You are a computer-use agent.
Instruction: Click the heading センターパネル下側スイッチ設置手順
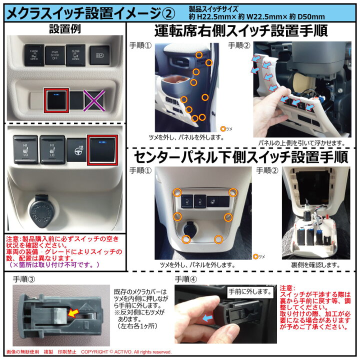click(x=240, y=157)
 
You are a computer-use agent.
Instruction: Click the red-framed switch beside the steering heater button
click(x=101, y=149)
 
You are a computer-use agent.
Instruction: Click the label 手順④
click(x=185, y=279)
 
